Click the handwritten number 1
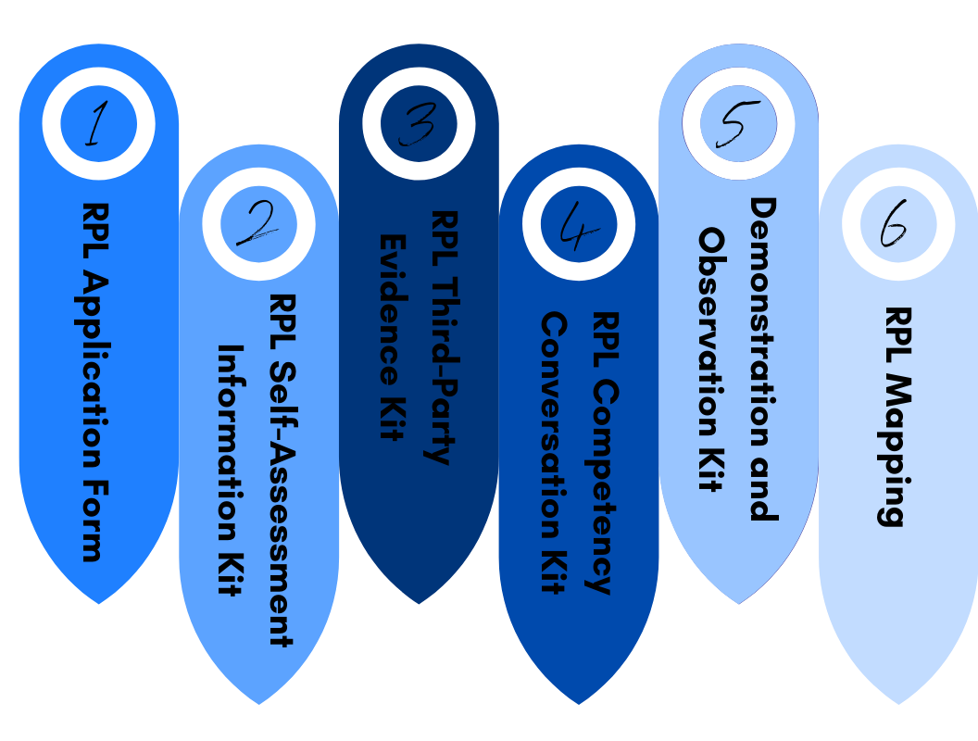click(x=94, y=125)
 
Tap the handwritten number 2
click(x=257, y=224)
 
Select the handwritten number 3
click(x=418, y=125)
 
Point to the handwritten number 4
click(x=578, y=225)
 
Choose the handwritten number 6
click(x=896, y=224)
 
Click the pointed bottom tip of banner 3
click(x=419, y=602)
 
